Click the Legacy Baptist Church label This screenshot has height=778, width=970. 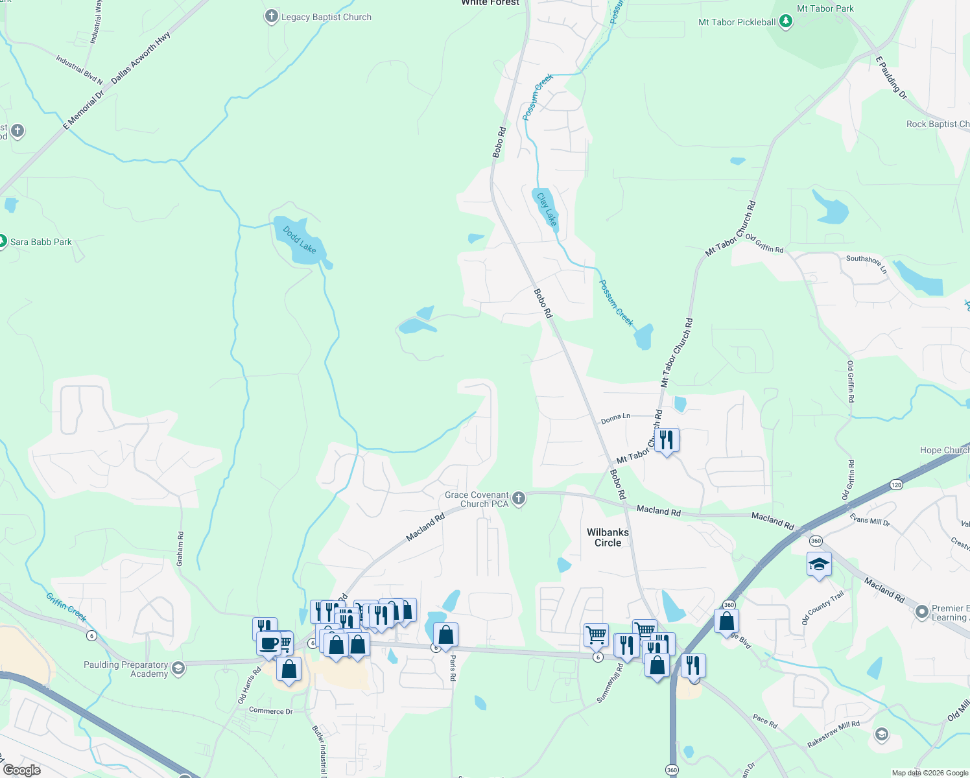(326, 17)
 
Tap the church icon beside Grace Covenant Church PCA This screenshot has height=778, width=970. (518, 498)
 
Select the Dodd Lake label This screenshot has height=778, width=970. (300, 240)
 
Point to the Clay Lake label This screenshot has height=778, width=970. (547, 209)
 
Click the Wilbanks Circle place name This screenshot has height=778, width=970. (608, 537)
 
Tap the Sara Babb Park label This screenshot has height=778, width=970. (41, 242)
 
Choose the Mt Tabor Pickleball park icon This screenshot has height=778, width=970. (786, 21)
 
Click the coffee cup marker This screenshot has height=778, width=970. (268, 643)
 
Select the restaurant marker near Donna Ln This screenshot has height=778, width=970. (667, 440)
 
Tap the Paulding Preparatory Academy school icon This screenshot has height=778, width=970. (178, 668)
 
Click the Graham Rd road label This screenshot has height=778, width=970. (180, 549)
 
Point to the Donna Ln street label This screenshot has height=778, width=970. (615, 419)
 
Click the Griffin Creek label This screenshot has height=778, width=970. (66, 606)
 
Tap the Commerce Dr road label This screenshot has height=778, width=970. (271, 711)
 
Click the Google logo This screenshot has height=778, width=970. (21, 770)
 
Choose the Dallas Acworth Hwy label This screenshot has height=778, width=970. (140, 57)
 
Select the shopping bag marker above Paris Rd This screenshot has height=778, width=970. (445, 634)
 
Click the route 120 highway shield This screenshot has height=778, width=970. (895, 484)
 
